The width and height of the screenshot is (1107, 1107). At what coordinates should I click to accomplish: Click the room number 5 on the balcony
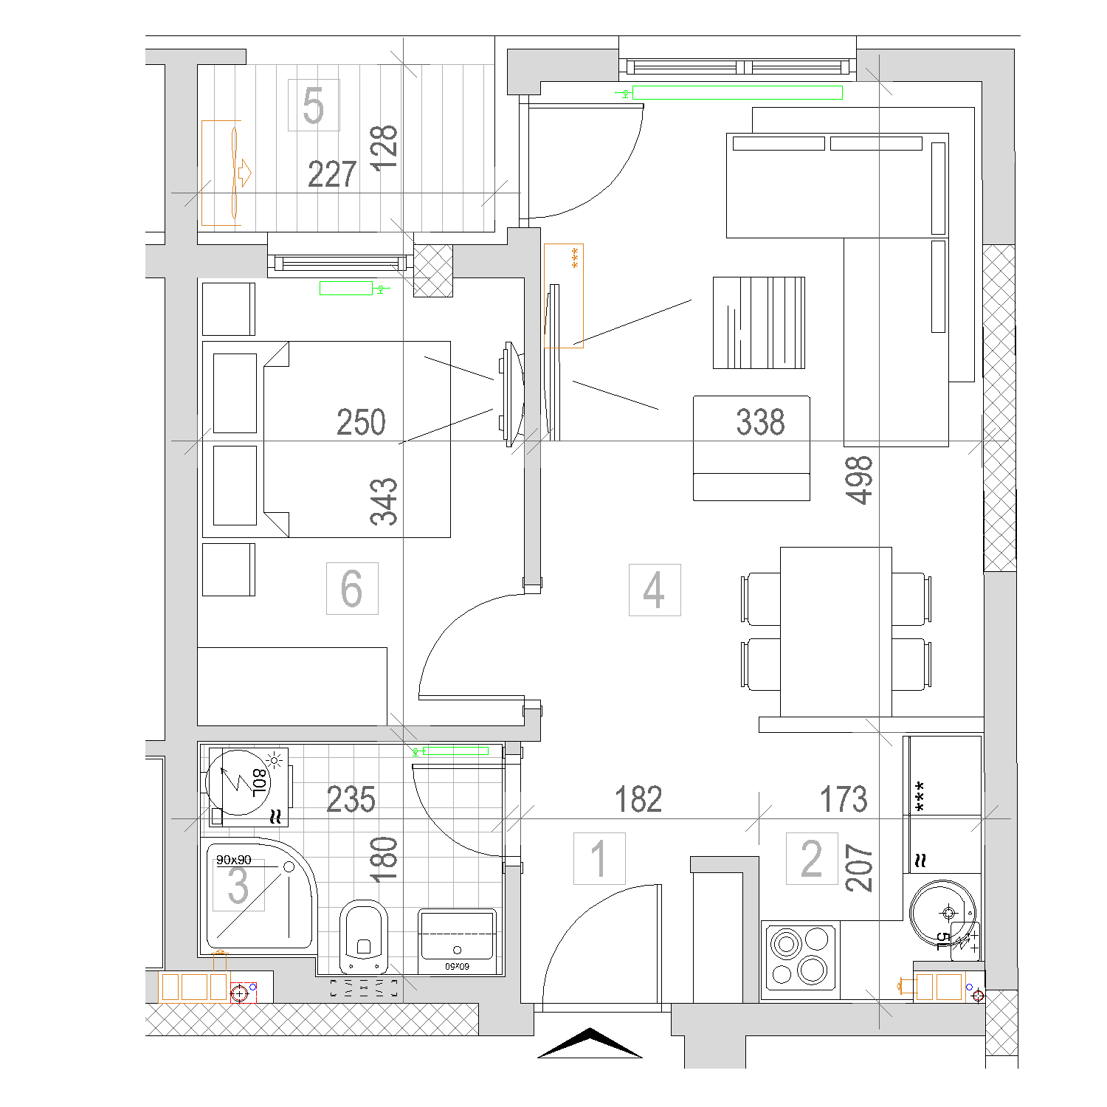click(x=314, y=106)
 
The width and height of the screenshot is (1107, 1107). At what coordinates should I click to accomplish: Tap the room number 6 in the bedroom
click(x=352, y=588)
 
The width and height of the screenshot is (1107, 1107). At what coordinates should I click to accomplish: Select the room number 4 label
click(x=654, y=590)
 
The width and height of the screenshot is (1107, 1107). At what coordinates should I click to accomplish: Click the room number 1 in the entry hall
click(x=599, y=858)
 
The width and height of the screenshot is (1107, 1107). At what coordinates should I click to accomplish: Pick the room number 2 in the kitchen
click(x=812, y=858)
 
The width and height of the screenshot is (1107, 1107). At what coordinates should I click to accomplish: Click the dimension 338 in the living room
click(x=760, y=422)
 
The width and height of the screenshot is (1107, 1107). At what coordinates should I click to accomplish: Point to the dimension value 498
click(x=860, y=480)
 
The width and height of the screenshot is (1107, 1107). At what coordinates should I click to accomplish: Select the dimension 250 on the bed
click(x=361, y=422)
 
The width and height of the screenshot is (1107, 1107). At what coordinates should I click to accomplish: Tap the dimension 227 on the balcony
click(x=332, y=174)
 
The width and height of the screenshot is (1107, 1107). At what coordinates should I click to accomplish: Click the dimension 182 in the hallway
click(x=638, y=799)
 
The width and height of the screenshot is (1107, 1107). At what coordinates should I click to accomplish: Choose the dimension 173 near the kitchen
click(x=844, y=799)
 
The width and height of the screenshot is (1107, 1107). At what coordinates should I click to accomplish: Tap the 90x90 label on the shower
click(x=233, y=860)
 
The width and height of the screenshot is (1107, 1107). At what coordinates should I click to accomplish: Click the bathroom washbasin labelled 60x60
click(x=458, y=942)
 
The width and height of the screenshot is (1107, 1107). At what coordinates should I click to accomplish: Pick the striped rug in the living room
click(x=759, y=323)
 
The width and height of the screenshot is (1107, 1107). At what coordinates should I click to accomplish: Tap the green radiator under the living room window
click(x=737, y=92)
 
